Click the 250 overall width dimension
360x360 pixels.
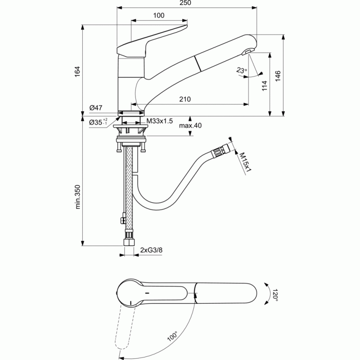pos(185,3)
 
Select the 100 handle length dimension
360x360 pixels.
pos(159,15)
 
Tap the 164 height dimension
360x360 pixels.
pos(77,72)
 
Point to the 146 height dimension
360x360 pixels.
pos(278,76)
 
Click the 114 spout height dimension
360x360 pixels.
pos(265,85)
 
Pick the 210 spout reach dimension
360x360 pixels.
pos(185,99)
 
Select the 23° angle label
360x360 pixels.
pos(241,70)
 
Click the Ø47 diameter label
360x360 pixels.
pos(96,108)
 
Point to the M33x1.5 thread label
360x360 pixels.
pos(160,121)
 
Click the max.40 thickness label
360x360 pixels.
pos(190,126)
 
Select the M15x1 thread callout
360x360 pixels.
pos(245,162)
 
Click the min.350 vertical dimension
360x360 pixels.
pos(78,197)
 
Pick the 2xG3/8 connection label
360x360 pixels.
pos(151,250)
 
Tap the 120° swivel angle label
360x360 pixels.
pos(275,295)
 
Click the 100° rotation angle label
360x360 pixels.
pos(172,336)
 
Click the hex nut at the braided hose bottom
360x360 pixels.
pos(129,243)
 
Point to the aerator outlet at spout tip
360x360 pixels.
pos(248,52)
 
